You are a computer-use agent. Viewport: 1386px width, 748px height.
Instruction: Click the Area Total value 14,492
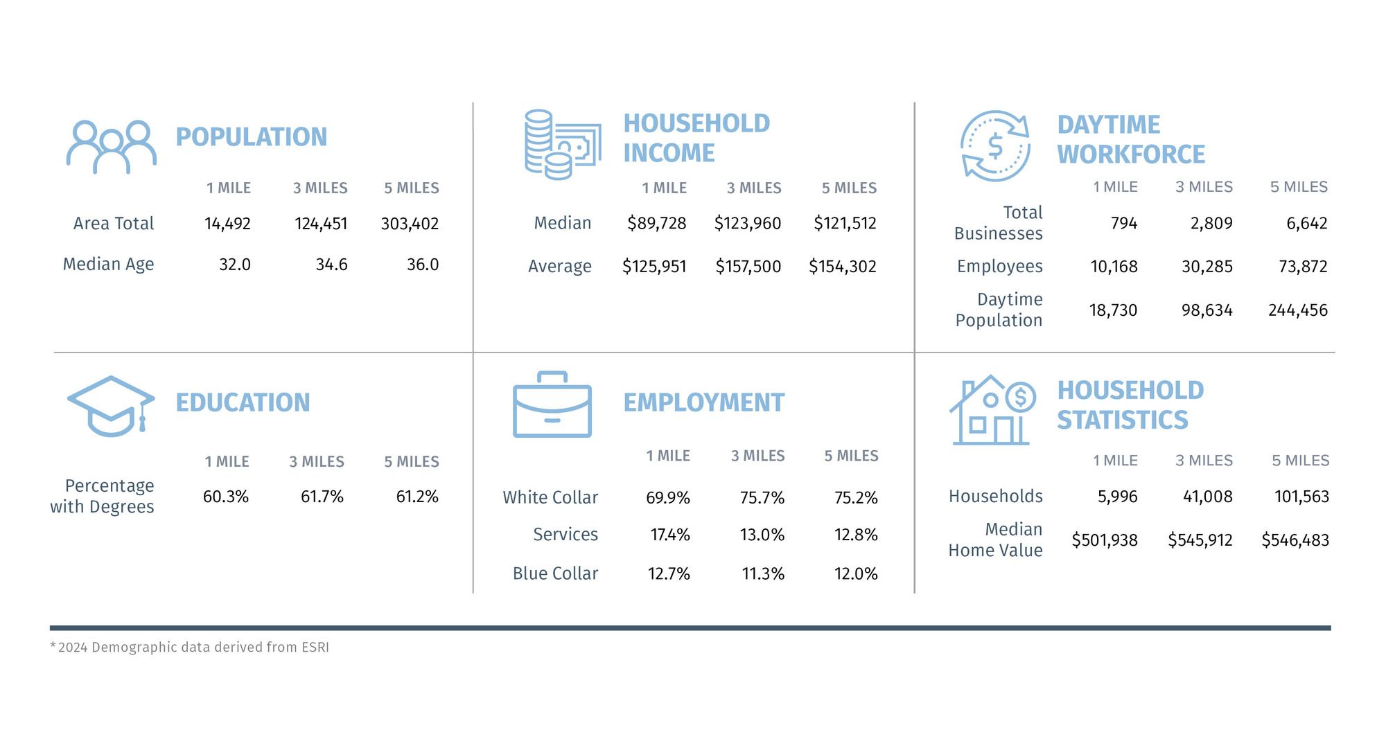point(227,224)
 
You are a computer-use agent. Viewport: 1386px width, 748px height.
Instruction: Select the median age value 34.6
point(331,265)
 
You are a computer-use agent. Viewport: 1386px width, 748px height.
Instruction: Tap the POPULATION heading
point(251,137)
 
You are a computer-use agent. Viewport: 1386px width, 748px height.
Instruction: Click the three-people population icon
point(111,147)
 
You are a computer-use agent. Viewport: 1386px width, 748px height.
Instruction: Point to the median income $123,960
point(747,223)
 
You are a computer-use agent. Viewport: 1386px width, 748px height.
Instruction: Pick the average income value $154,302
point(842,267)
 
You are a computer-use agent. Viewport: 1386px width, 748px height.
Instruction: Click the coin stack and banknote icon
point(561,144)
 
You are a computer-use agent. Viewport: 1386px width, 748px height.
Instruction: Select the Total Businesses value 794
point(1123,223)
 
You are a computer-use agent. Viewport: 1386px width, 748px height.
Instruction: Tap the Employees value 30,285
point(1207,267)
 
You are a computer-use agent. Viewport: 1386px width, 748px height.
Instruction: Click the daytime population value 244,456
point(1297,310)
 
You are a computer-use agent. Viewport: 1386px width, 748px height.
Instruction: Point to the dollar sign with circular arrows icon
point(995,146)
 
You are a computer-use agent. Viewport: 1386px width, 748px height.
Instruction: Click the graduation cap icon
point(111,406)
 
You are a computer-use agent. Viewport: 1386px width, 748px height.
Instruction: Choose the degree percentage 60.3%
point(225,497)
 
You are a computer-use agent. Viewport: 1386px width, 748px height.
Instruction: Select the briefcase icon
point(552,405)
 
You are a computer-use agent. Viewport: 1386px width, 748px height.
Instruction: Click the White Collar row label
point(550,497)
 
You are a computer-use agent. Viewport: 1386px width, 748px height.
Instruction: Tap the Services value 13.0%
point(762,535)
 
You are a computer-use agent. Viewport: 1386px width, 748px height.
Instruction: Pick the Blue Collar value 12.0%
point(855,573)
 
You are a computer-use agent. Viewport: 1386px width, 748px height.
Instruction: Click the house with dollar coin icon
point(992,410)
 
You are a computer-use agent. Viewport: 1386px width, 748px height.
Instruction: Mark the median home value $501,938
point(1104,540)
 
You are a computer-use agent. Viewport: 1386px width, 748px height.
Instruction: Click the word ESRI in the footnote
point(315,648)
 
